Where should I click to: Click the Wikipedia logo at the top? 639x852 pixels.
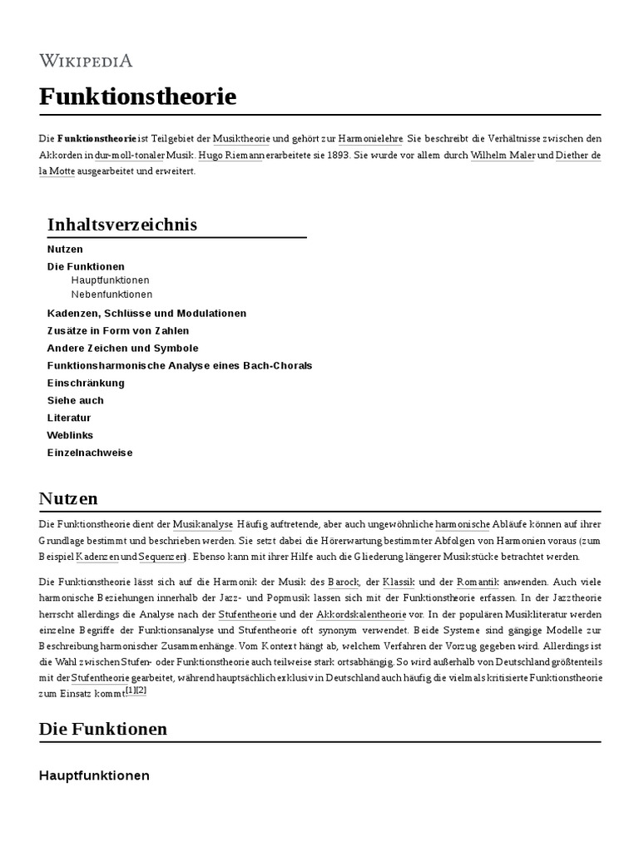click(x=86, y=60)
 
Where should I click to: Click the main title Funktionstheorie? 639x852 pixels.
click(x=137, y=97)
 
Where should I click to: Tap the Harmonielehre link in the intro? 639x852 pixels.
click(x=372, y=138)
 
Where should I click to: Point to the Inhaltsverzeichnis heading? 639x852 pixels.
click(x=122, y=225)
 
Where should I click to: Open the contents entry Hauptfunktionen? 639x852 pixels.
click(x=110, y=280)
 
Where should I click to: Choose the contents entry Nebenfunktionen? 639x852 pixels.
click(x=111, y=295)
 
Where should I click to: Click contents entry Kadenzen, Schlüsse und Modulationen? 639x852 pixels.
click(x=146, y=313)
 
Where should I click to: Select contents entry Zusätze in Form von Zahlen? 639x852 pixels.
click(x=118, y=330)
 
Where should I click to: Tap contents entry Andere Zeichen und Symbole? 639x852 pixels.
click(x=122, y=348)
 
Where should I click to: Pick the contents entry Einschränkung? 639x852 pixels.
click(x=86, y=383)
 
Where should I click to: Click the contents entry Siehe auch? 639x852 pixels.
click(x=76, y=400)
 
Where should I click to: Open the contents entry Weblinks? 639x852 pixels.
click(x=70, y=435)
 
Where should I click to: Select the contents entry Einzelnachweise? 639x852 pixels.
click(x=90, y=453)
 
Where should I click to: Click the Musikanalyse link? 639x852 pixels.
click(x=203, y=524)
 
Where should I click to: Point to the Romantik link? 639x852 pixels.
click(x=477, y=582)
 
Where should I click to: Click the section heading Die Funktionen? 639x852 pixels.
click(x=103, y=729)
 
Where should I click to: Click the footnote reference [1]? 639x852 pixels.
click(x=129, y=691)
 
